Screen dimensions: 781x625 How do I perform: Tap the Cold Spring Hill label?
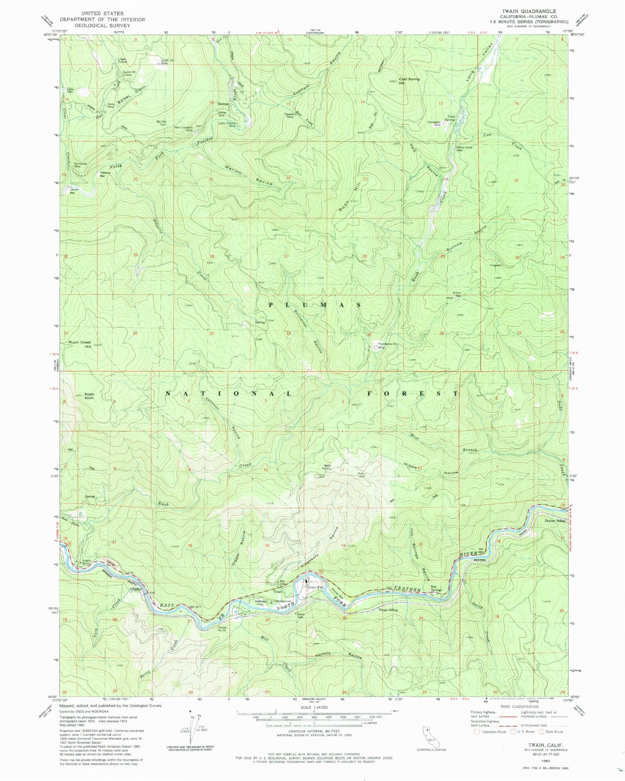[x=409, y=80]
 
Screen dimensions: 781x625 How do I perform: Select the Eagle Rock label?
[x=89, y=396]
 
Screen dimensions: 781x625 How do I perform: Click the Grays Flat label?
[x=316, y=588]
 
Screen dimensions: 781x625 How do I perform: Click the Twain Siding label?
[x=388, y=610]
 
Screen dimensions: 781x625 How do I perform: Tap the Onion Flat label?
[x=457, y=294]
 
